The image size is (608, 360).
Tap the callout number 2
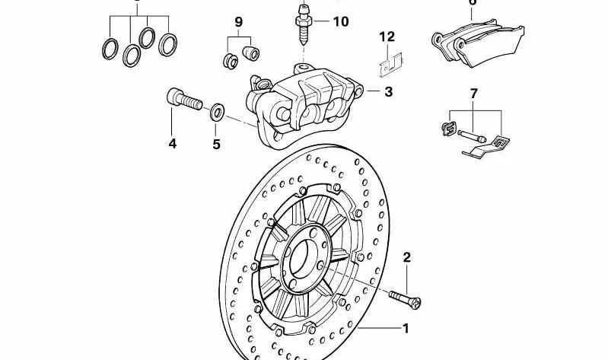tap(406, 258)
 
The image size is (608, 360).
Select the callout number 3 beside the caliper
tap(388, 92)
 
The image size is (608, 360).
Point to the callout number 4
tap(173, 142)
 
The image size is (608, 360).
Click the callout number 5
tap(216, 142)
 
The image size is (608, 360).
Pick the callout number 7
tap(473, 94)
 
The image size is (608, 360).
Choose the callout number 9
tap(238, 23)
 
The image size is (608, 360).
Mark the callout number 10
tap(339, 21)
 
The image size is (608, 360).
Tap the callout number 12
tap(387, 36)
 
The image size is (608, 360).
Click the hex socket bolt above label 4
tap(181, 99)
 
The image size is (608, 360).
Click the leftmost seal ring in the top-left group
tap(110, 48)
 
